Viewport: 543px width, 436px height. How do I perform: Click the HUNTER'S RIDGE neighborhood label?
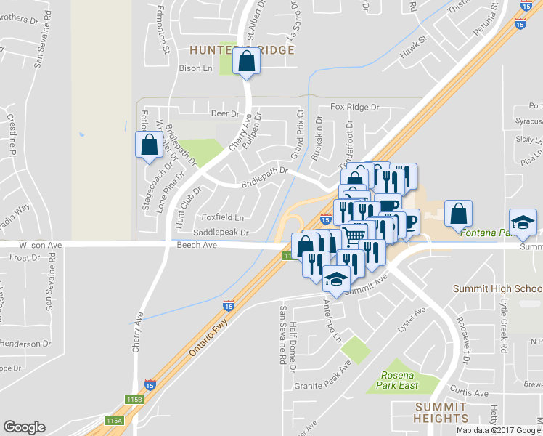coord(242,50)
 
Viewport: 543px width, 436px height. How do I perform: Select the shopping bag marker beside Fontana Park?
coord(458,214)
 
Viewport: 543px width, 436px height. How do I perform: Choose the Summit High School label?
coord(497,288)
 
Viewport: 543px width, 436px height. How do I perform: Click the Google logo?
coord(25,427)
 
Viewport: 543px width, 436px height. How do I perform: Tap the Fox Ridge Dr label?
coord(354,107)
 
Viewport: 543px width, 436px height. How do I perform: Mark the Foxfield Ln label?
coord(223,217)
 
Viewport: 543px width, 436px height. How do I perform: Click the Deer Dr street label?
coord(224,114)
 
